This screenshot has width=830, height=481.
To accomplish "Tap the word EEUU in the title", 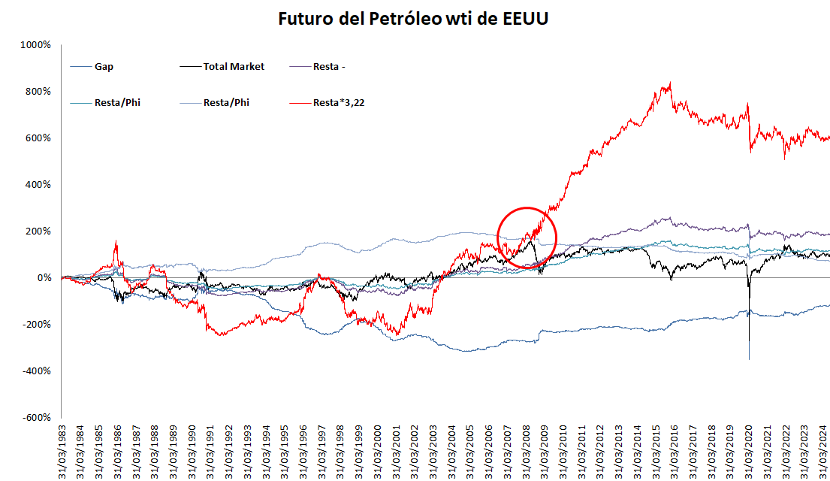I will pos(524,19).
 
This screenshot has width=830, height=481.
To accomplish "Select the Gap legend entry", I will pos(104,66).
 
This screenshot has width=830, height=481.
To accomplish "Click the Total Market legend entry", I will pos(234,66).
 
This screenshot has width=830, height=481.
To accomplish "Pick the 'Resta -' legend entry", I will pos(329,66).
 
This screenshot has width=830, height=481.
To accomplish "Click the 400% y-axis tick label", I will pos(38,185).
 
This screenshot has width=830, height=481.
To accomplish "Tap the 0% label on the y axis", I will pos(44,278).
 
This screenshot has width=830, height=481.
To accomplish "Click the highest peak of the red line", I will pos(670,83).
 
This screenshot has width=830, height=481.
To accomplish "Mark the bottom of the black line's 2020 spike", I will pos(749,359).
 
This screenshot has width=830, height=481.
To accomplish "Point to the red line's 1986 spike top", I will pos(116,241).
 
